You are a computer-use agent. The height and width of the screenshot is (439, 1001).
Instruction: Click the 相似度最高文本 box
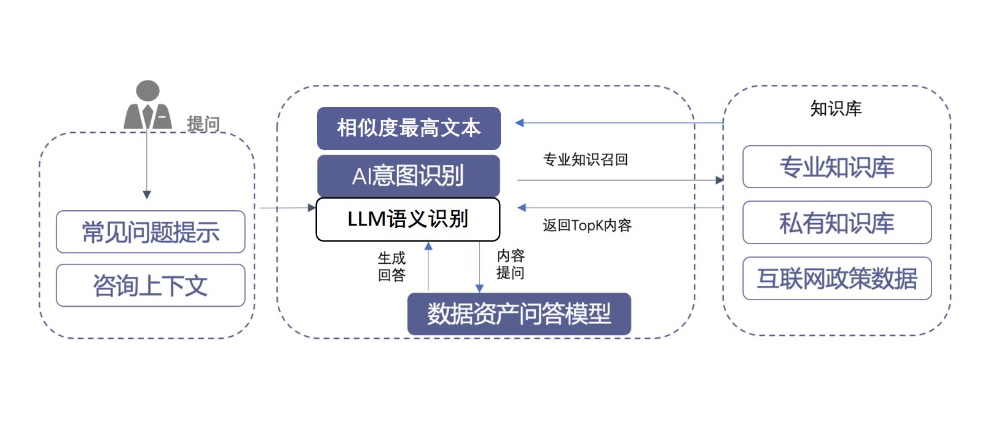click(409, 129)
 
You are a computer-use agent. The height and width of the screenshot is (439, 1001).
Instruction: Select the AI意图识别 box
click(409, 175)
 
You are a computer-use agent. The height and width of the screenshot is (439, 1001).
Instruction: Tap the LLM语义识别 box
click(408, 219)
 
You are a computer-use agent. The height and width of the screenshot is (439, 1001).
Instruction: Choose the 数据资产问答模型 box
click(519, 314)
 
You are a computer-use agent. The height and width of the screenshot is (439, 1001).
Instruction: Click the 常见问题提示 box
click(151, 232)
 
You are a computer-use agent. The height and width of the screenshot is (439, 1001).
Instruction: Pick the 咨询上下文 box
click(151, 286)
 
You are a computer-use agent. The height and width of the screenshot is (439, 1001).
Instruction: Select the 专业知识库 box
click(837, 167)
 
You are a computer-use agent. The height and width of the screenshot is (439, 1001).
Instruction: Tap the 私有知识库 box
click(837, 223)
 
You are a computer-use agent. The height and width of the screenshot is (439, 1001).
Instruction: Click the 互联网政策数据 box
click(837, 279)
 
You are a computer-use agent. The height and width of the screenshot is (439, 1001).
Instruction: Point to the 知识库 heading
click(836, 109)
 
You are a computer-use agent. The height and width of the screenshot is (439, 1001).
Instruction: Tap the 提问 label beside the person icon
click(203, 124)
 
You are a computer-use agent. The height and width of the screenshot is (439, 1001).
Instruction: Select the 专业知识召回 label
click(586, 160)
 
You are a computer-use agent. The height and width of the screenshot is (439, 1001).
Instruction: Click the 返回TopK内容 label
click(587, 225)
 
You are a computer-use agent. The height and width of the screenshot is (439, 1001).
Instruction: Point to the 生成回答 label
click(391, 266)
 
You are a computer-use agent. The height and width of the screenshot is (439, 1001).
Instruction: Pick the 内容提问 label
click(510, 264)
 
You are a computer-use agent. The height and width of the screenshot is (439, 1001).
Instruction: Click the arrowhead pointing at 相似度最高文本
click(519, 122)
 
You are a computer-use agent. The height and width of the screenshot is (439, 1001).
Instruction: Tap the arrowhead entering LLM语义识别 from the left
click(312, 207)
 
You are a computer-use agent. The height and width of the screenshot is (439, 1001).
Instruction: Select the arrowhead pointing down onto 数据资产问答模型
click(479, 289)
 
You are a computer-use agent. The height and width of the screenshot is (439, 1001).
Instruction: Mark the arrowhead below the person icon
click(147, 195)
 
